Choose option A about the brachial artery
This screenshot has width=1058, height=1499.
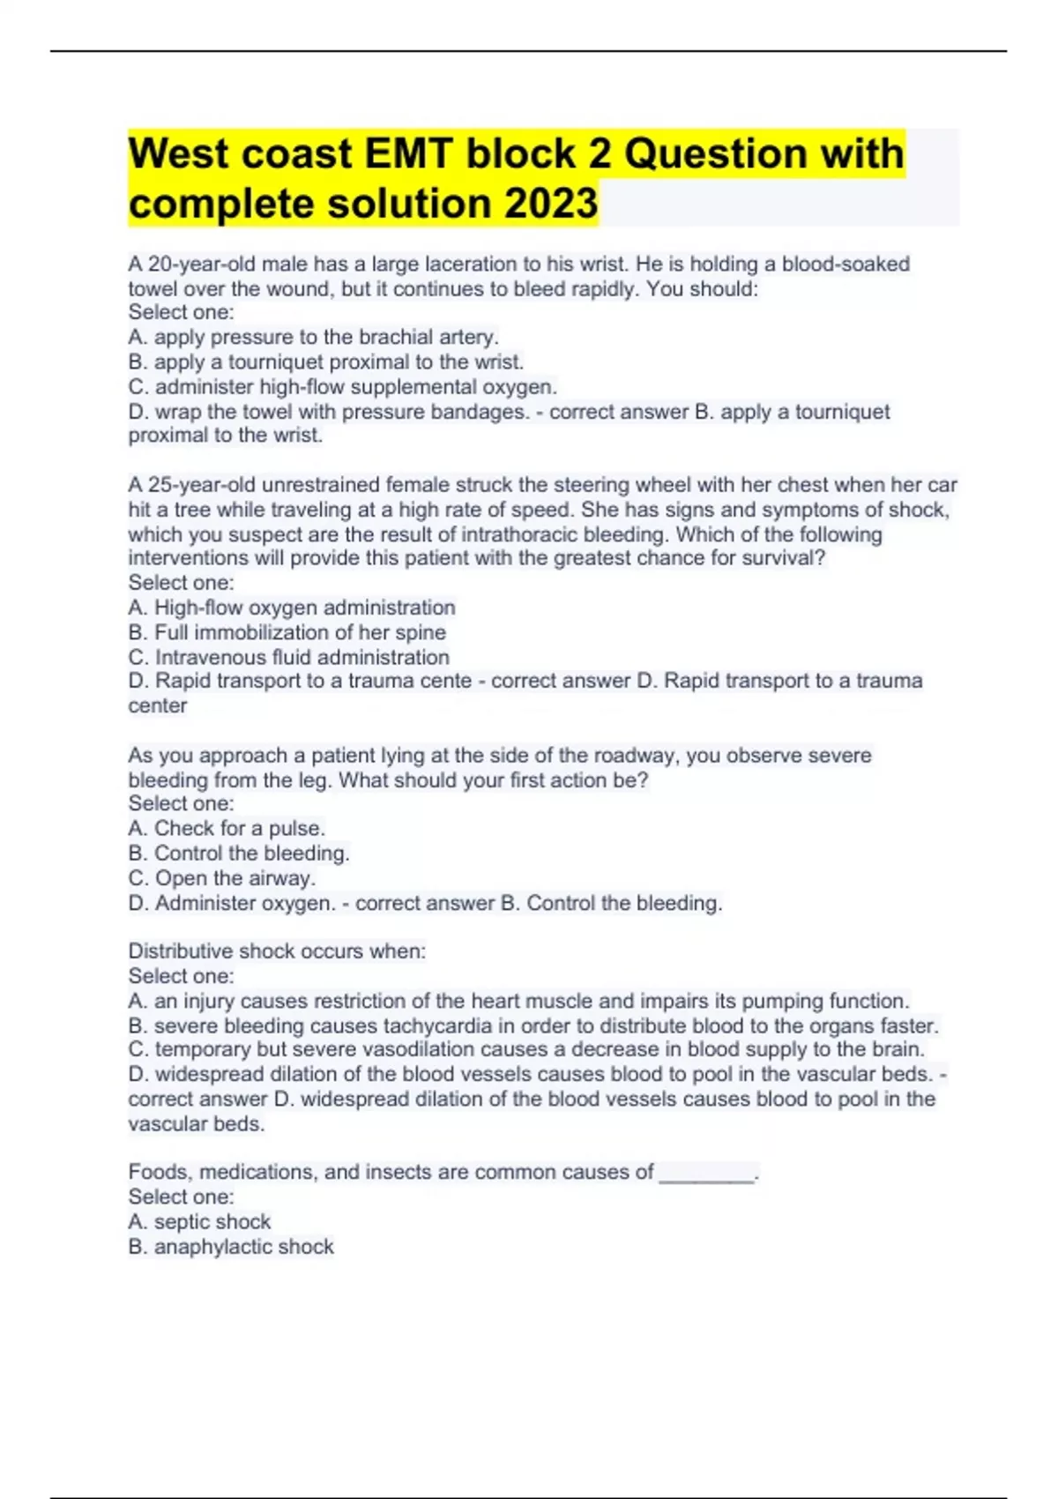(314, 337)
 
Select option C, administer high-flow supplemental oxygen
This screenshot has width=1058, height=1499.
(343, 387)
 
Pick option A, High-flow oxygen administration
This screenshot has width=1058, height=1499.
(292, 608)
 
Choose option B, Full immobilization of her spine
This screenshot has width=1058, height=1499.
(287, 632)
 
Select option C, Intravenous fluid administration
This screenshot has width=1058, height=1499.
(289, 657)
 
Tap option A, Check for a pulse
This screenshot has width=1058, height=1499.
(227, 828)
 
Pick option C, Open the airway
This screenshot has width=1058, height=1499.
(222, 878)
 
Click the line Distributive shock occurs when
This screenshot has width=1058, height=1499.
(277, 951)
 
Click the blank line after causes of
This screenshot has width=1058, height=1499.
(707, 1173)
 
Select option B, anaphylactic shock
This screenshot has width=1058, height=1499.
(231, 1247)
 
